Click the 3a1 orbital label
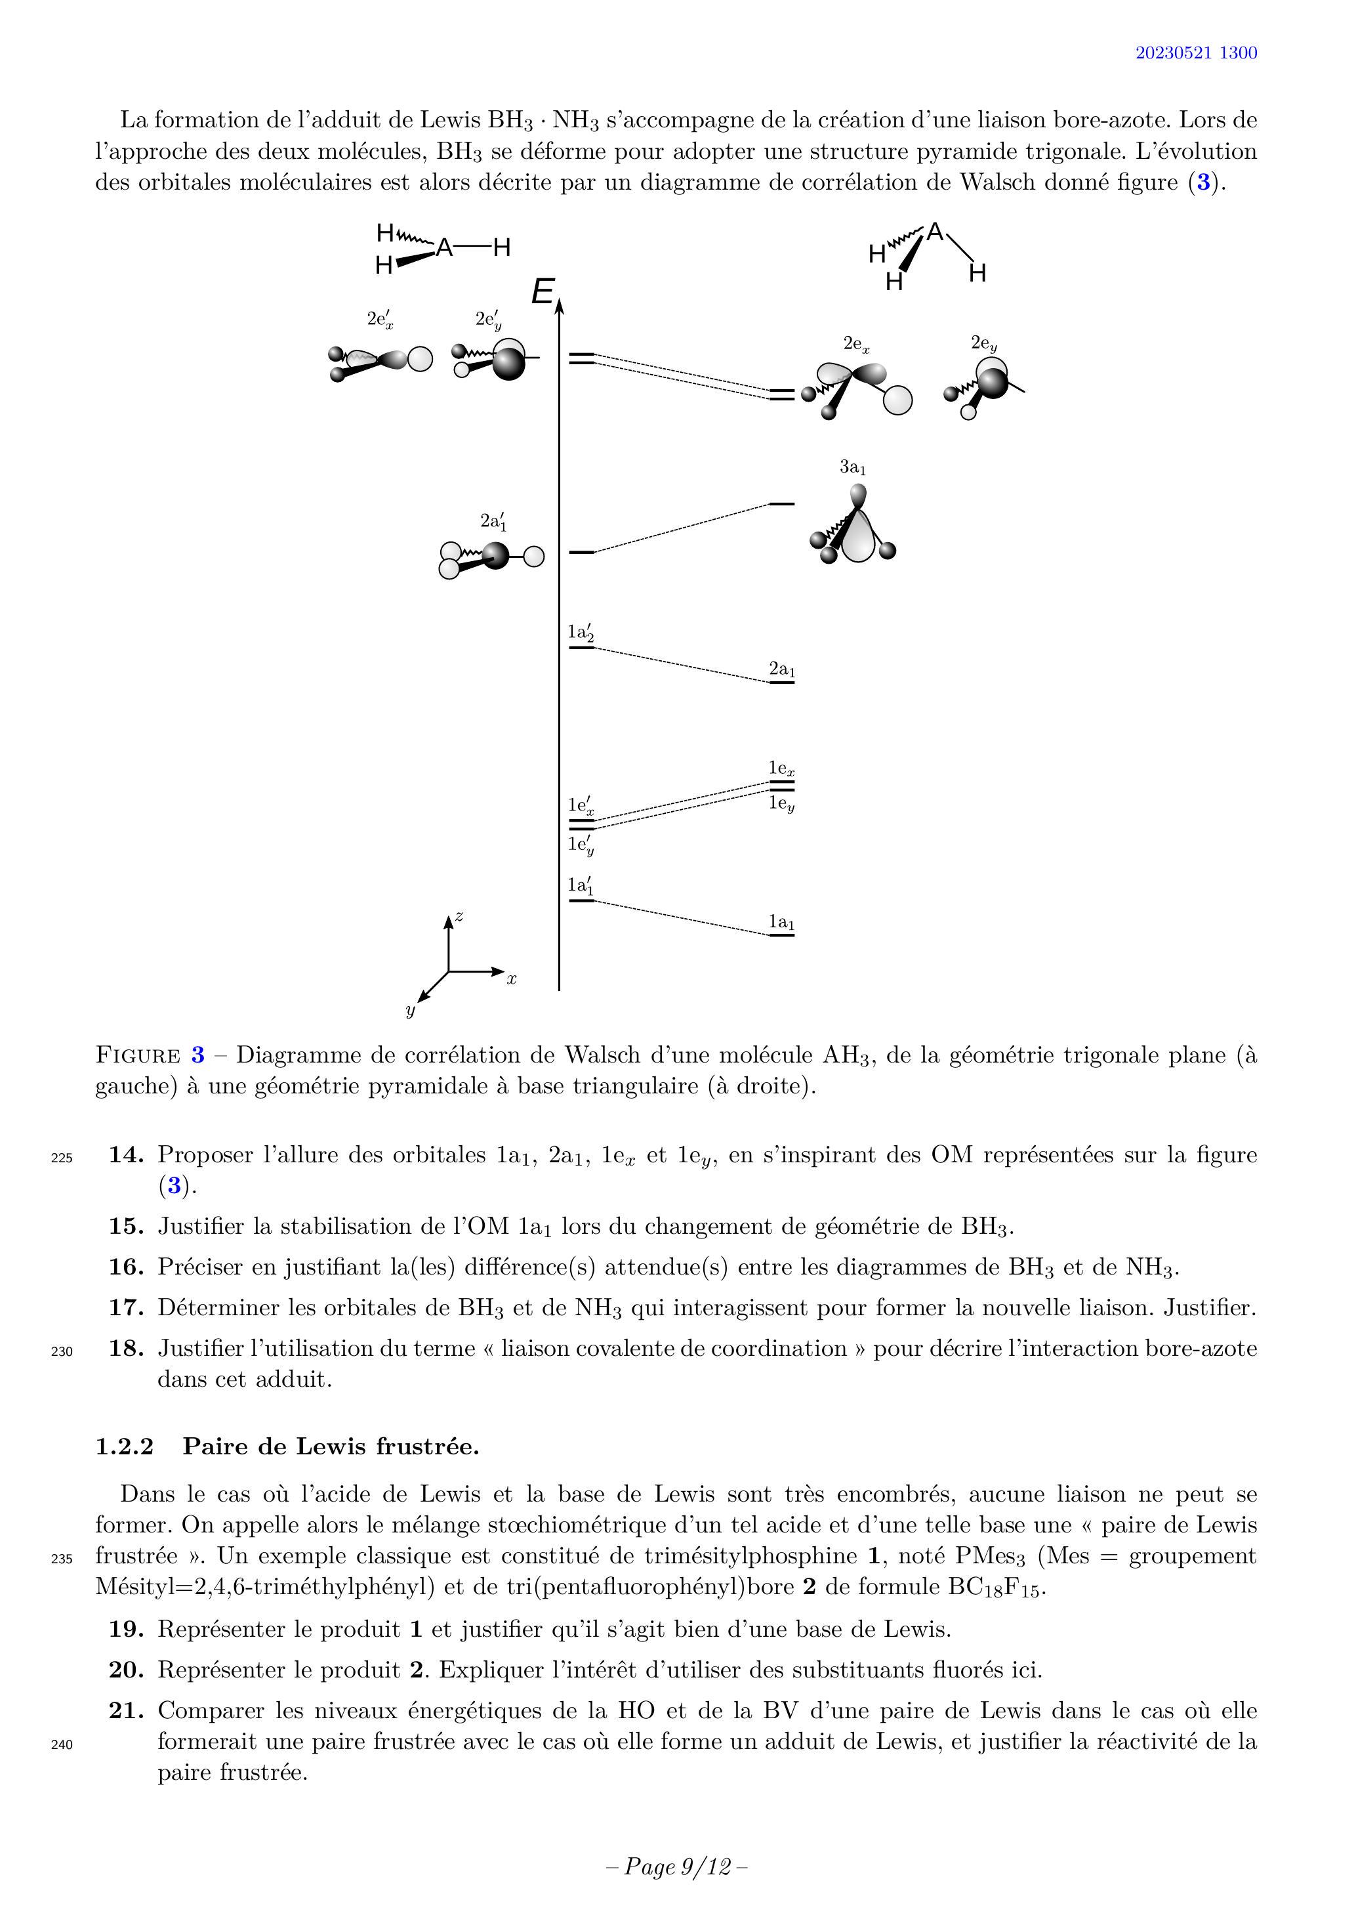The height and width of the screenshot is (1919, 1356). (852, 467)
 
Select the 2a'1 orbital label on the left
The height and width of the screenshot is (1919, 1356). (493, 522)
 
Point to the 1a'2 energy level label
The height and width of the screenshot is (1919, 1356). (581, 633)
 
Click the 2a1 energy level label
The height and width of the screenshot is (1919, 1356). (782, 669)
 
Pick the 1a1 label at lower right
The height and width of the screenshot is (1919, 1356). (782, 922)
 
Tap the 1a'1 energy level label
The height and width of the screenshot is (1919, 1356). (581, 885)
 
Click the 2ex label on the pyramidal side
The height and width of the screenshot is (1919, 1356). (856, 343)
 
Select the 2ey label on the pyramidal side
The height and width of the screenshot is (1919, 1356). (983, 343)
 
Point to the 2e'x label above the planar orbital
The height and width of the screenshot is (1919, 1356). (380, 319)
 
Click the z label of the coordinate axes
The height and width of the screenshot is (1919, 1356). (459, 917)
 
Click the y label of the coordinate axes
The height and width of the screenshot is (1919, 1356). (410, 1011)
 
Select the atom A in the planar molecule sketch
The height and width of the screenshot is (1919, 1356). (445, 247)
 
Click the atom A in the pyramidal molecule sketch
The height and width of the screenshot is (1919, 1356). (935, 232)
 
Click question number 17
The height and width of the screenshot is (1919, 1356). (126, 1307)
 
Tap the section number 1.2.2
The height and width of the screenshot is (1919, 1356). (125, 1446)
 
